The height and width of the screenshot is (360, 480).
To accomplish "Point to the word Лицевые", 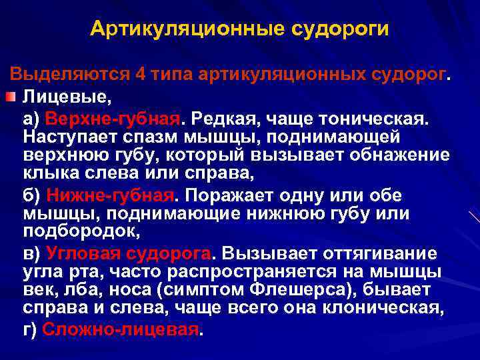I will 64,97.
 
